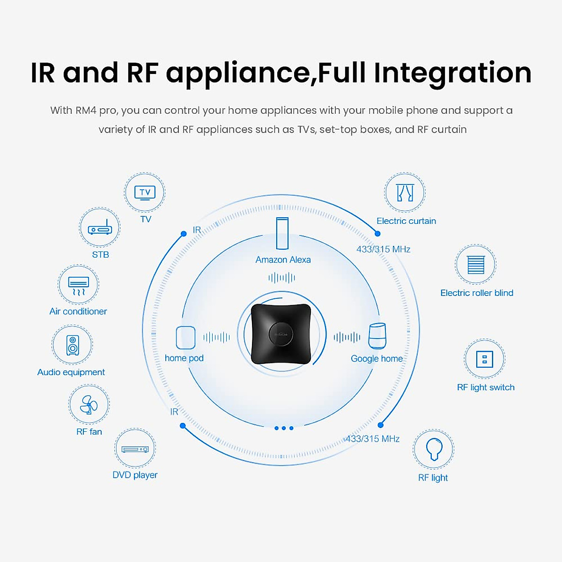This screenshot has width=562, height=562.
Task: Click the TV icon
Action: pyautogui.click(x=145, y=192)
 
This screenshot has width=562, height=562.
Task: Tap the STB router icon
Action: pyautogui.click(x=100, y=228)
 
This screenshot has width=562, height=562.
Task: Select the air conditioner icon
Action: pyautogui.click(x=78, y=285)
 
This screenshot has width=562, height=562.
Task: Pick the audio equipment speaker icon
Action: pyautogui.click(x=72, y=346)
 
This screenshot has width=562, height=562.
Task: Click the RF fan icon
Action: pyautogui.click(x=89, y=405)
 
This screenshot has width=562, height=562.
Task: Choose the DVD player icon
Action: pyautogui.click(x=135, y=449)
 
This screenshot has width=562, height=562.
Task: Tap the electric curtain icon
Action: pyautogui.click(x=405, y=193)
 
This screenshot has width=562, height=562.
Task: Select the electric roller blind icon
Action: pyautogui.click(x=475, y=265)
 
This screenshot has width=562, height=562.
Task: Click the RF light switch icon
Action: pyautogui.click(x=484, y=360)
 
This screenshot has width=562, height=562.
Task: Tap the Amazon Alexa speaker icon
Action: pyautogui.click(x=282, y=233)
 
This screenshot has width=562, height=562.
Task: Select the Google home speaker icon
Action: pyautogui.click(x=377, y=336)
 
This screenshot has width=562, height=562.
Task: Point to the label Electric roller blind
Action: pyautogui.click(x=477, y=293)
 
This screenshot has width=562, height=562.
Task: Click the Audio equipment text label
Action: pyautogui.click(x=71, y=372)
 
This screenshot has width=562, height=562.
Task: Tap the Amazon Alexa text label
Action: pyautogui.click(x=283, y=260)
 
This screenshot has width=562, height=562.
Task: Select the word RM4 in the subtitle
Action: pyautogui.click(x=86, y=111)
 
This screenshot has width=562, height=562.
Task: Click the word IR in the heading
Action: pyautogui.click(x=42, y=74)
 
